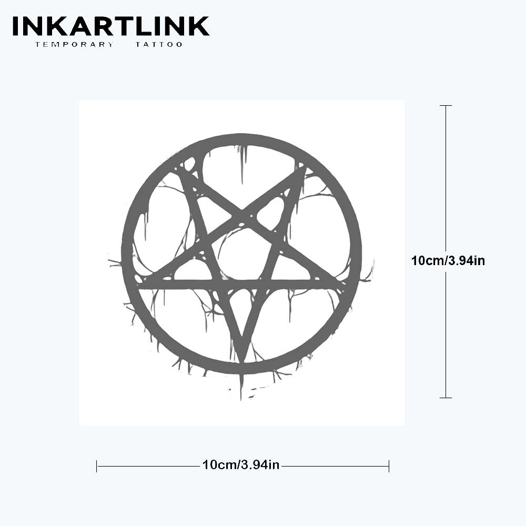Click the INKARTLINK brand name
tap(111, 26)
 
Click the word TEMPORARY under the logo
tap(75, 44)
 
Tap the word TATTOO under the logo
tap(159, 44)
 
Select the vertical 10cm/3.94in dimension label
tap(448, 261)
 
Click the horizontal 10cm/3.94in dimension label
tap(241, 464)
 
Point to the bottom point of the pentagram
tap(241, 362)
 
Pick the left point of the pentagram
tap(140, 285)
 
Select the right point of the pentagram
tap(343, 284)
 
